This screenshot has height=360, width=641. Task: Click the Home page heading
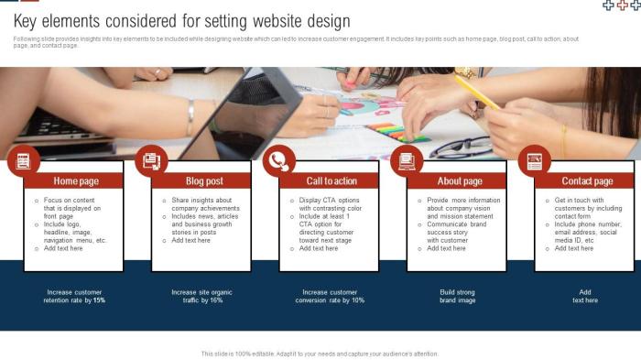click(x=76, y=181)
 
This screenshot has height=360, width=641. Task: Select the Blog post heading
click(x=204, y=181)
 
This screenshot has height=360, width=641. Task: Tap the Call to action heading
click(x=331, y=181)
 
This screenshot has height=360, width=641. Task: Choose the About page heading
click(x=460, y=181)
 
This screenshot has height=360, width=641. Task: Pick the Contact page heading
click(x=587, y=181)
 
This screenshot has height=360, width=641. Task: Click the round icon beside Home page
click(x=24, y=161)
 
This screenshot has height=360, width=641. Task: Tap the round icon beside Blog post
click(x=151, y=161)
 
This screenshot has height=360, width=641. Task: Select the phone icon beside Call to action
click(x=278, y=161)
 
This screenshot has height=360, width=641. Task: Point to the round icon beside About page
click(x=407, y=161)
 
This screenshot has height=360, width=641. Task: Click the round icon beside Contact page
click(x=534, y=161)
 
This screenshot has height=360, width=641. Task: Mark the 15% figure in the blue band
click(x=99, y=300)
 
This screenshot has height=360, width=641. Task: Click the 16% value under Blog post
click(x=216, y=300)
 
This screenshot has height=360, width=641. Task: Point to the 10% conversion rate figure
click(x=357, y=300)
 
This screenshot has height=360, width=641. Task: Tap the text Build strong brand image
click(x=458, y=296)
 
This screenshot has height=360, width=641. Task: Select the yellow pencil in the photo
click(x=477, y=92)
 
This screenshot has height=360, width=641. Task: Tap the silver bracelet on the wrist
click(x=190, y=117)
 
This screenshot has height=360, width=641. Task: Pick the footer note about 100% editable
click(x=320, y=353)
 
